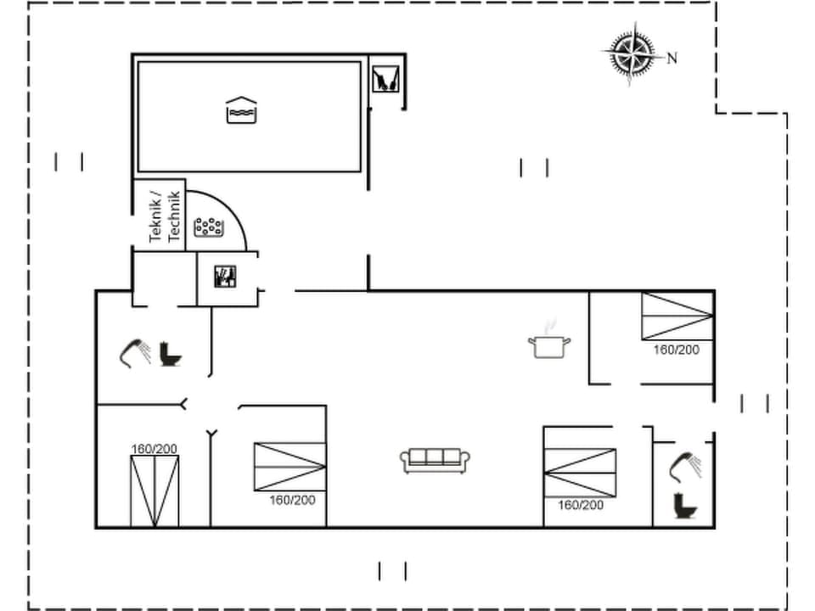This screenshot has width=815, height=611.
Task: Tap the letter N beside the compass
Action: (x=672, y=59)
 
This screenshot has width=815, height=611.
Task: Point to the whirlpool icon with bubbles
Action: (x=209, y=227)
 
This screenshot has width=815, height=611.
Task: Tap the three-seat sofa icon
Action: (x=436, y=460)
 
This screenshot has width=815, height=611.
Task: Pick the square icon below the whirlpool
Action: (x=226, y=277)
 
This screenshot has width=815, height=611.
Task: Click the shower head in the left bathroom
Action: (x=134, y=352)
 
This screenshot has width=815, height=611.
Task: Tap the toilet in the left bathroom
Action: (x=171, y=355)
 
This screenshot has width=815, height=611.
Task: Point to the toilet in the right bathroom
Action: (x=683, y=507)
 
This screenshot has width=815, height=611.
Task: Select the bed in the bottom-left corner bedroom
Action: (x=155, y=490)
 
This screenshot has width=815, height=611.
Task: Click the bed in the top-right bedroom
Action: (x=677, y=316)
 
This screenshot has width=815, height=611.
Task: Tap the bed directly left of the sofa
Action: (x=289, y=466)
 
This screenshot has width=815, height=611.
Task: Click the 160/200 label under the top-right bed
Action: (x=677, y=350)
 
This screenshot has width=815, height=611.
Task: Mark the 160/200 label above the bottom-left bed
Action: (x=154, y=448)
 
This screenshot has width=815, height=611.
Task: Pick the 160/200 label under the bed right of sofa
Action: (x=581, y=505)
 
